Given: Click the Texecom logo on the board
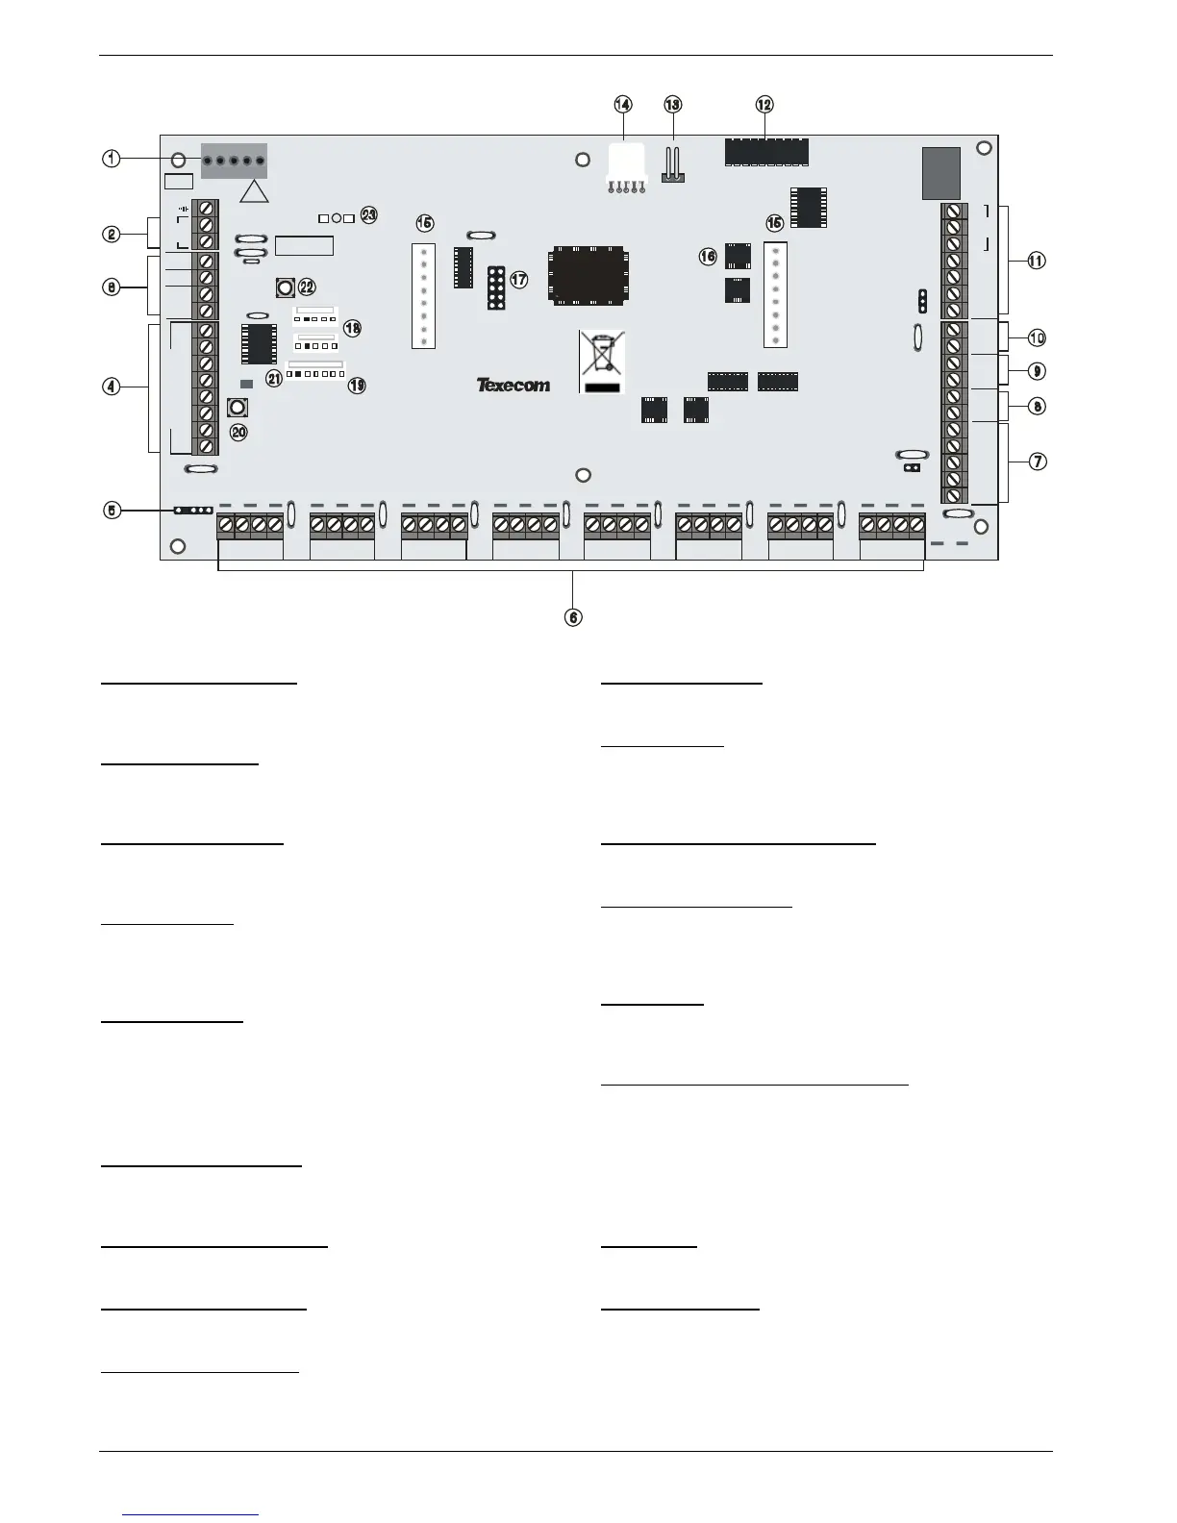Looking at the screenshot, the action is [513, 385].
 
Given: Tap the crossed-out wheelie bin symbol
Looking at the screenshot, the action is [601, 360].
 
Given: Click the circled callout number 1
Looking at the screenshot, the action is [113, 159].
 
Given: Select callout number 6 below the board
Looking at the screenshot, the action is [573, 617].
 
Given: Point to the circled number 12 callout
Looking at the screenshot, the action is [764, 104].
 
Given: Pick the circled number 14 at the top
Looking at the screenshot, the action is [623, 104].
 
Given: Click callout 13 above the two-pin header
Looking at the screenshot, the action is [672, 104].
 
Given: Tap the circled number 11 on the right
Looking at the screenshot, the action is [1037, 261].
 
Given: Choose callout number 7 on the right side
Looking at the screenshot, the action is [1038, 462].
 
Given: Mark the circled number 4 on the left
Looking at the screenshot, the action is [113, 387].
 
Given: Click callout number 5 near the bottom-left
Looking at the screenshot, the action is [113, 511].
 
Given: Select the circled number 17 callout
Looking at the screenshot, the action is [518, 280].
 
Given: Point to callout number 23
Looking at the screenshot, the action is [368, 214].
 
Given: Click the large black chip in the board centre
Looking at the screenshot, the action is [588, 277].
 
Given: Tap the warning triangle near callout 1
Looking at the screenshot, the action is [255, 191].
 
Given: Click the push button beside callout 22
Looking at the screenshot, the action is [285, 287].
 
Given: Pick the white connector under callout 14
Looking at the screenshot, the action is [625, 160].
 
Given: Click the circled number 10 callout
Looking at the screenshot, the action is [1037, 337].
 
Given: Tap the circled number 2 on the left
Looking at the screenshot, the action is [113, 233].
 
